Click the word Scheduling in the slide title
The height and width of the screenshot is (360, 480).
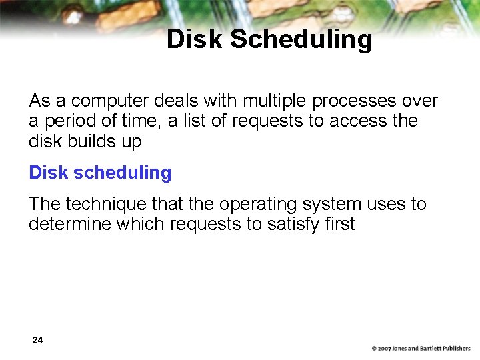[301, 39]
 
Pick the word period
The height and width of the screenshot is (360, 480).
[71, 121]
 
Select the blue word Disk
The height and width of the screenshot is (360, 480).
[49, 173]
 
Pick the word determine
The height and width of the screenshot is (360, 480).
[70, 224]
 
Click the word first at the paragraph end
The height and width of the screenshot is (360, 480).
[341, 224]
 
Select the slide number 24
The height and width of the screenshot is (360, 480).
[37, 341]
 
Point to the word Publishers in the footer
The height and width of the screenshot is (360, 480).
[454, 349]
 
